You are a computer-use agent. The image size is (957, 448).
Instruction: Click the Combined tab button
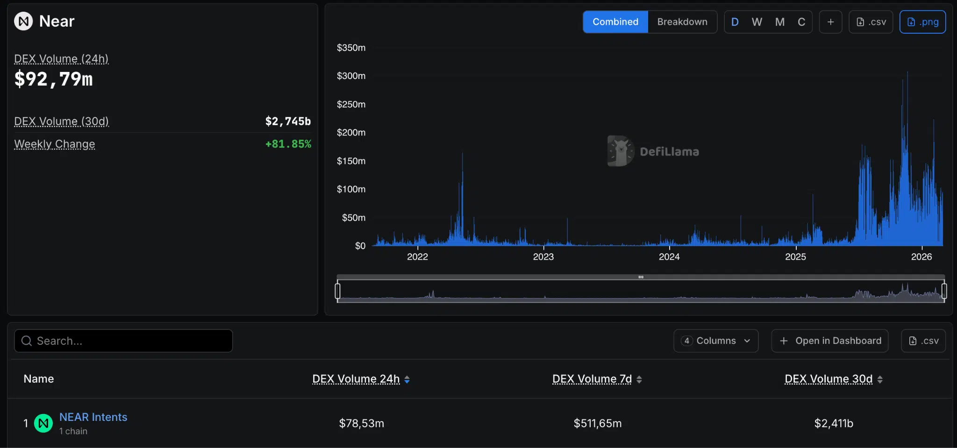[x=615, y=22]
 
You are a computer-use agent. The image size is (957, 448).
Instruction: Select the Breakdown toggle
[x=682, y=22]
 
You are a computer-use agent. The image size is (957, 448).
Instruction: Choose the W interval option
[x=757, y=22]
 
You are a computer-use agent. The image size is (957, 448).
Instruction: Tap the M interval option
[x=779, y=22]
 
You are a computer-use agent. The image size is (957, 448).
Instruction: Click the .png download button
[x=922, y=22]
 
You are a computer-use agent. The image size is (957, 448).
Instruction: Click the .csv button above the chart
[x=871, y=22]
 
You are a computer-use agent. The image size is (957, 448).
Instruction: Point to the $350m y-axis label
[x=351, y=48]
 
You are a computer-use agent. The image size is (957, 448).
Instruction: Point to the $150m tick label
[x=351, y=161]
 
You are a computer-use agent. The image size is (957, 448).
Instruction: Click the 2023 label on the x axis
[x=543, y=256]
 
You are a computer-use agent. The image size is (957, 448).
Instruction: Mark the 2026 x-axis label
[x=921, y=256]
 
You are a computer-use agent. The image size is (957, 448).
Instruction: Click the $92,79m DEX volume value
[x=54, y=79]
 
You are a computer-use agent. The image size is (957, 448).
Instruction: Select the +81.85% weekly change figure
[x=288, y=144]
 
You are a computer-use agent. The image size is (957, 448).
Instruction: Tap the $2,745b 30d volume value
[x=288, y=121]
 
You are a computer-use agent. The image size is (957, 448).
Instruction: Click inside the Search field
[x=123, y=341]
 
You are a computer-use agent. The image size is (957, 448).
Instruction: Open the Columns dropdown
[x=715, y=341]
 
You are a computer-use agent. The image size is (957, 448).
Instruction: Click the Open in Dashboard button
[x=829, y=341]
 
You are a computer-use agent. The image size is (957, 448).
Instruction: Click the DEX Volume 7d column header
[x=592, y=379]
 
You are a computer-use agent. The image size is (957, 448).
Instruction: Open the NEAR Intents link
[x=93, y=417]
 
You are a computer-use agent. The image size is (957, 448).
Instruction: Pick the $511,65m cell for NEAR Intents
[x=598, y=423]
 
